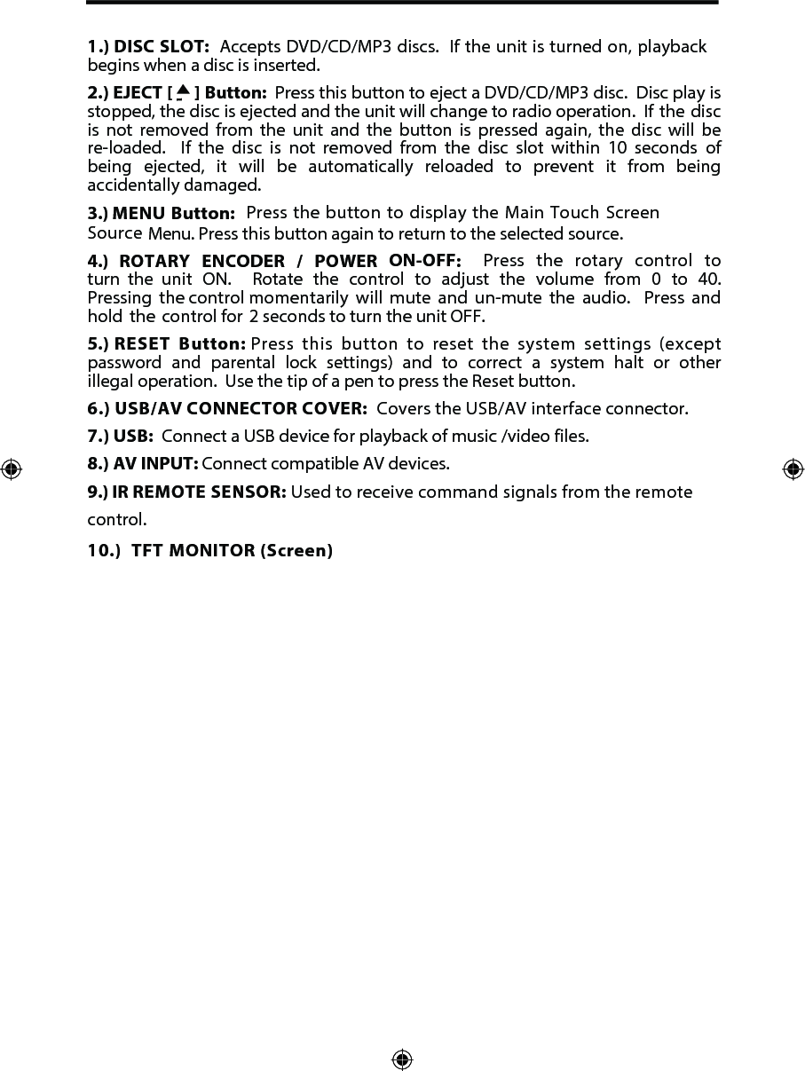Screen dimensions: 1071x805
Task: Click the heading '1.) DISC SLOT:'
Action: tap(148, 46)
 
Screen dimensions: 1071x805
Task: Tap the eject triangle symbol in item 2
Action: tap(183, 91)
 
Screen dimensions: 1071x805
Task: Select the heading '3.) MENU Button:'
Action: tap(161, 214)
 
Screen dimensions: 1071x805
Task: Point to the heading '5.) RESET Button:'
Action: tap(167, 344)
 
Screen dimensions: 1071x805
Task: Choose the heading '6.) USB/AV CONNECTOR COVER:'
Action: tap(227, 409)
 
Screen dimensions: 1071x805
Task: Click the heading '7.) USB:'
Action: tap(121, 437)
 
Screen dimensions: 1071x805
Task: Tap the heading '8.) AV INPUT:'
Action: tap(143, 464)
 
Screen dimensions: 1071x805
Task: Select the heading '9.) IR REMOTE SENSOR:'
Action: tap(186, 492)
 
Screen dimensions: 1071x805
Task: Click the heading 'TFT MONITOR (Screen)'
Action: tap(232, 551)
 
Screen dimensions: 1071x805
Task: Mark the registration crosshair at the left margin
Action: tap(11, 469)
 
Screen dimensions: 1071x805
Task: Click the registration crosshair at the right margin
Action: tap(793, 469)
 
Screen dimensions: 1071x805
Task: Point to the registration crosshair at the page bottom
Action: tap(402, 1059)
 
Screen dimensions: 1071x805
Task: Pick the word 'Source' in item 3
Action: tap(114, 233)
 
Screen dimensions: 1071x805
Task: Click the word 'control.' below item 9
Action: tap(117, 519)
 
